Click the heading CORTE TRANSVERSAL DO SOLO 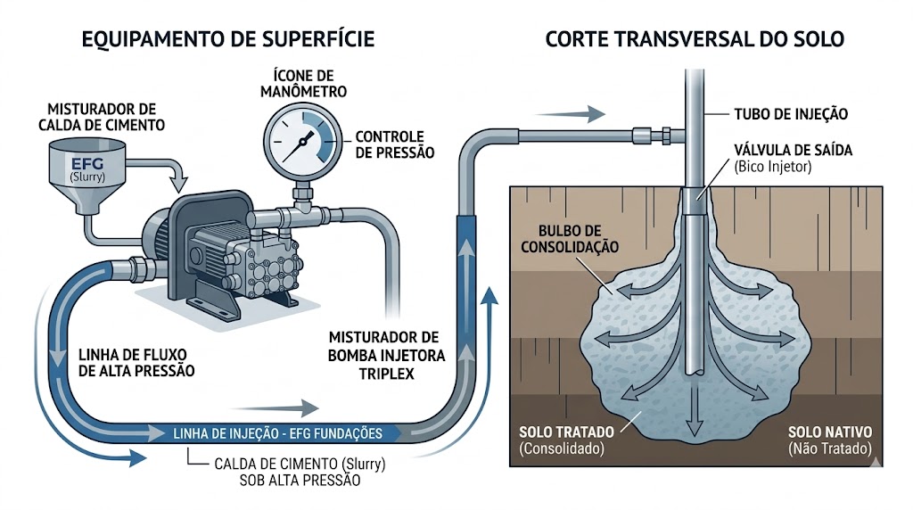click(x=695, y=39)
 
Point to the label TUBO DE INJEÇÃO click(x=786, y=114)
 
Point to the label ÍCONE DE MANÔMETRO click(x=305, y=84)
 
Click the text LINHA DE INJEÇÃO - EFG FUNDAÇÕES click(x=276, y=434)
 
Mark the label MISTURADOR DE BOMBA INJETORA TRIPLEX click(x=384, y=355)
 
